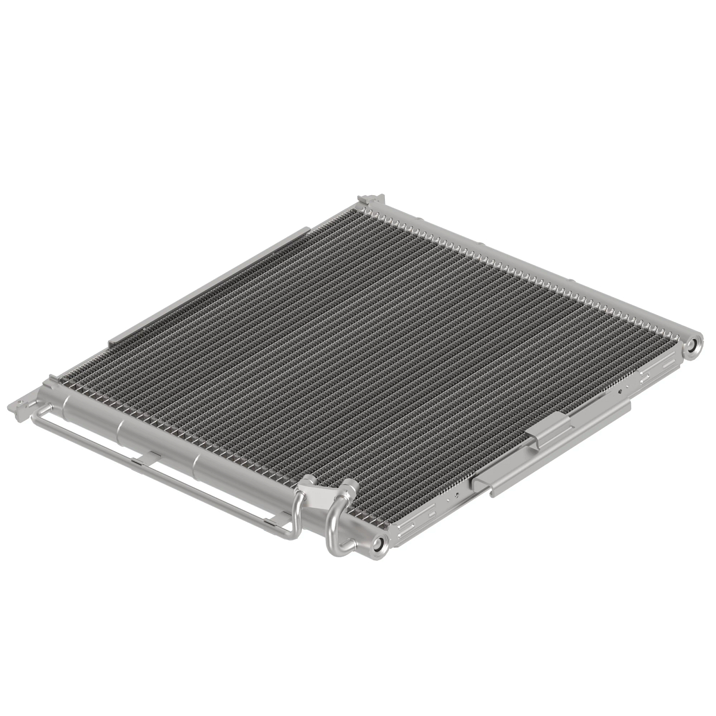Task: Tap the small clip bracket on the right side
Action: pos(549,427)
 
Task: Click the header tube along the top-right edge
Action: pos(525,263)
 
